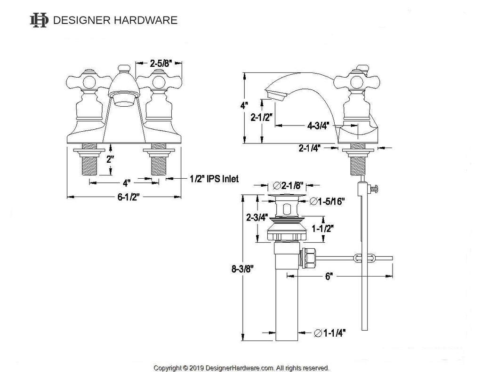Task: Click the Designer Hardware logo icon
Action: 39,20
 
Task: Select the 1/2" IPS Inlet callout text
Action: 214,179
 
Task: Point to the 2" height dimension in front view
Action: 110,159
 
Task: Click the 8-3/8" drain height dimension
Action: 243,269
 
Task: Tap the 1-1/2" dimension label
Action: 323,228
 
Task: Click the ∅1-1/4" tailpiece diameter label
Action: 329,333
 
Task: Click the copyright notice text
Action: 241,367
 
